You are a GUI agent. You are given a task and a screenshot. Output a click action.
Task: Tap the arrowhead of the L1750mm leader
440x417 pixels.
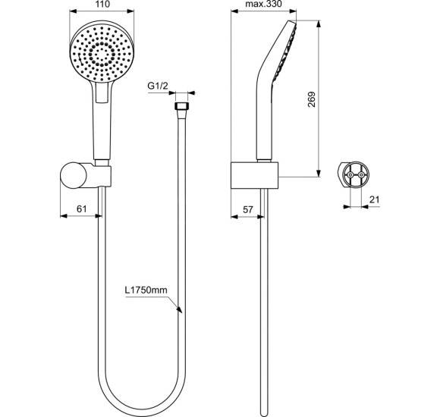pos(178,309)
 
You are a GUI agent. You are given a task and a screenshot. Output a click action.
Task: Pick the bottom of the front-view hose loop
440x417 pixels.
pos(141,403)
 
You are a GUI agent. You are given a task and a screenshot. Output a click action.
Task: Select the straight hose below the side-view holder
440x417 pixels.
pos(262,303)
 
